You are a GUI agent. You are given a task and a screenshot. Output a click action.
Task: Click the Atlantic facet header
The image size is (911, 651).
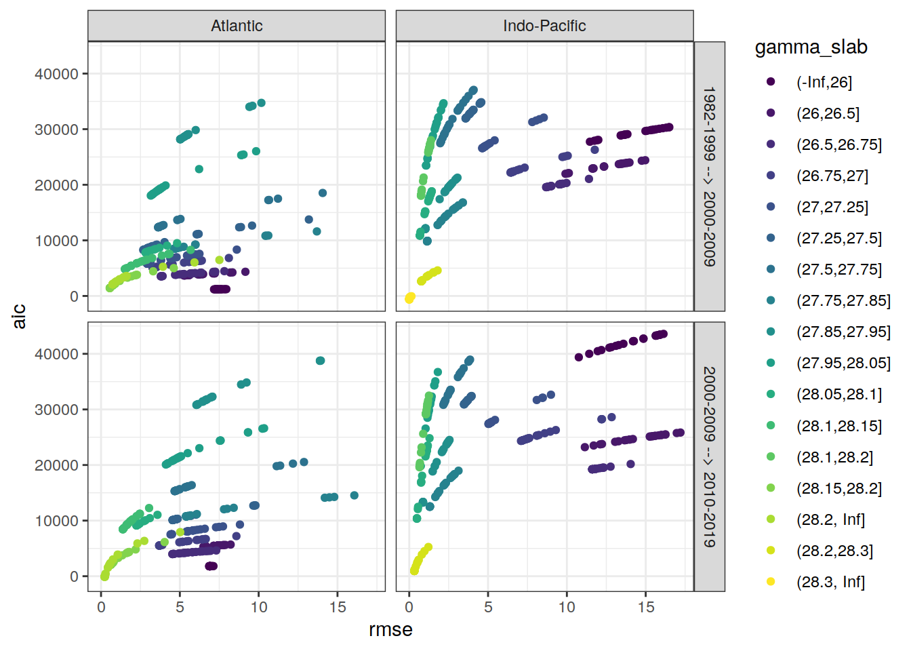(x=237, y=26)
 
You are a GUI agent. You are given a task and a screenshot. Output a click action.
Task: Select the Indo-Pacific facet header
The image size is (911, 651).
(x=544, y=26)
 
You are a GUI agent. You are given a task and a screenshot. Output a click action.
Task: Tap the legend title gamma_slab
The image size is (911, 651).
(x=811, y=47)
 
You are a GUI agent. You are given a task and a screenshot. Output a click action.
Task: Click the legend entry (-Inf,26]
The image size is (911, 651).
(x=824, y=82)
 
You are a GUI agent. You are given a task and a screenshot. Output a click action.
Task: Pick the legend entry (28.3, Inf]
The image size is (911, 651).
(x=830, y=582)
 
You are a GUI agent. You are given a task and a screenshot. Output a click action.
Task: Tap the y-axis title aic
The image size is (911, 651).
(x=19, y=316)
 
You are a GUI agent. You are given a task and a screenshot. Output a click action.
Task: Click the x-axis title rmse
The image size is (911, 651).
(x=390, y=629)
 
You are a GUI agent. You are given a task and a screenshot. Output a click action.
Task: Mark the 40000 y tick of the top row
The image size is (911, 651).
(x=56, y=74)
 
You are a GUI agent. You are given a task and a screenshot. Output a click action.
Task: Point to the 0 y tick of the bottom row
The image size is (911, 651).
(x=74, y=576)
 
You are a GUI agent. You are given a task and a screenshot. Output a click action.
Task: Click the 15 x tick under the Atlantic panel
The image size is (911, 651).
(x=338, y=607)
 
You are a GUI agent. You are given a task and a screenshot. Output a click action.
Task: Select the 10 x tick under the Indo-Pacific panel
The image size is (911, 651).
(x=567, y=607)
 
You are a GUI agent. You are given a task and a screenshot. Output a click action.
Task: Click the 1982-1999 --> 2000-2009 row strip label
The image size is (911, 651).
(x=709, y=176)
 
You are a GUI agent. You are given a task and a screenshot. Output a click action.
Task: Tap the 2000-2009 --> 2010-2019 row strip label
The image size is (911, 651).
(x=709, y=456)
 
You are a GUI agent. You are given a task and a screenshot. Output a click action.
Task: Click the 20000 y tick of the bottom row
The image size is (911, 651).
(x=56, y=465)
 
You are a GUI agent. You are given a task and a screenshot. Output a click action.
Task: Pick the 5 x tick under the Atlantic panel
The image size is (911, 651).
(x=180, y=607)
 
